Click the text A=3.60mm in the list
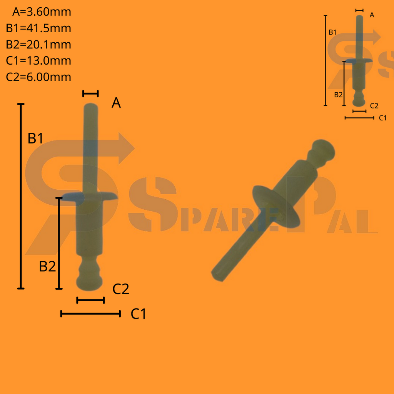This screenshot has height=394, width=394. (x=42, y=12)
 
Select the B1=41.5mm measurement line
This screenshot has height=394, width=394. (x=38, y=28)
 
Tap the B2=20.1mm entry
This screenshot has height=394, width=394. (x=38, y=44)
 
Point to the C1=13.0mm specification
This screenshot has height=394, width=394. (x=38, y=60)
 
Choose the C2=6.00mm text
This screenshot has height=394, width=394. (x=38, y=77)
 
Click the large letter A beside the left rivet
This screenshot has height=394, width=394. (x=116, y=103)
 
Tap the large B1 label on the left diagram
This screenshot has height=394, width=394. (x=35, y=139)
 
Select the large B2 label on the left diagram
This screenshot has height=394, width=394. (x=47, y=266)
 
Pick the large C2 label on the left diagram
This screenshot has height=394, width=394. (x=121, y=289)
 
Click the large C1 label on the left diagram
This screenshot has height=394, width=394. (x=139, y=314)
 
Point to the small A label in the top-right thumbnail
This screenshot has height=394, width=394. (x=372, y=15)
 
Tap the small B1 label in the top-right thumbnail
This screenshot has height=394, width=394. (x=332, y=32)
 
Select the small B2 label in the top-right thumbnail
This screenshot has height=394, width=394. (x=338, y=94)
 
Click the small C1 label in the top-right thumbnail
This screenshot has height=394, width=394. (x=382, y=118)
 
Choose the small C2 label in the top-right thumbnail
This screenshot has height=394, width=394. (x=374, y=105)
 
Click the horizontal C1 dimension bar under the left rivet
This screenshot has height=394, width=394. (x=91, y=314)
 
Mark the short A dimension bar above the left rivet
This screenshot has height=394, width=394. (x=91, y=93)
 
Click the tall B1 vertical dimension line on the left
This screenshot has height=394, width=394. (x=21, y=196)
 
